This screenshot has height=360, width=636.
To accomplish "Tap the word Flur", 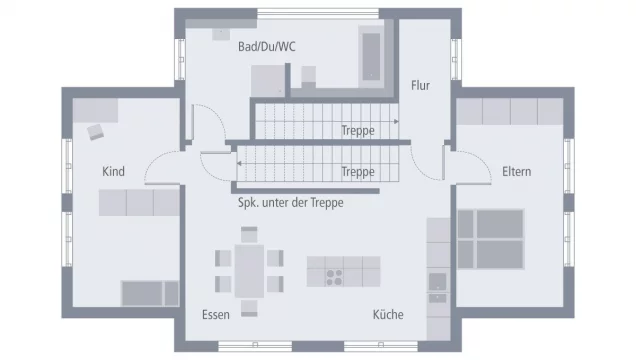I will tap(420, 86).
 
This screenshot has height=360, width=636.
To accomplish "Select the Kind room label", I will tap(113, 172).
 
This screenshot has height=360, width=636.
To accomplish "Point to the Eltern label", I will tap(516, 172).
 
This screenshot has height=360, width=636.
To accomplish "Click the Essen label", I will tap(215, 314).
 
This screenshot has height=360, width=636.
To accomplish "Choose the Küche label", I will tap(388, 314).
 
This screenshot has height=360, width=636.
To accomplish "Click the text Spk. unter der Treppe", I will tap(296, 202).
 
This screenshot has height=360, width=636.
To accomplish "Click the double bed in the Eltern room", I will tap(490, 238).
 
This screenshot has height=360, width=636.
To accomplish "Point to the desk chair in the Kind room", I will tap(96, 130).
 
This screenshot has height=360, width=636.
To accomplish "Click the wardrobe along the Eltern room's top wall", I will tap(509, 110).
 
